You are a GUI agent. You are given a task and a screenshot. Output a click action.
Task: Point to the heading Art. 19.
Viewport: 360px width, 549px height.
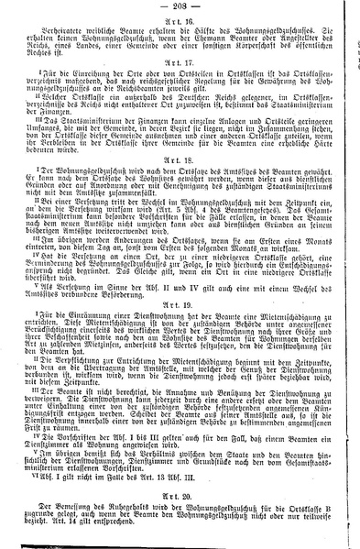(x=180, y=326)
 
